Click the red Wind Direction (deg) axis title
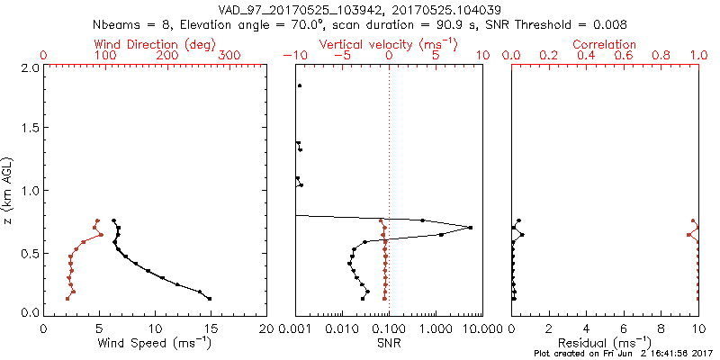pyautogui.click(x=155, y=44)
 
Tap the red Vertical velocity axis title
pyautogui.click(x=388, y=44)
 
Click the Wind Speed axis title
pyautogui.click(x=155, y=342)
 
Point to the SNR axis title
pyautogui.click(x=388, y=342)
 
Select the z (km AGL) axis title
pyautogui.click(x=9, y=189)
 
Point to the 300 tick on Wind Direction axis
pyautogui.click(x=230, y=56)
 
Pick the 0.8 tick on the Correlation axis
pyautogui.click(x=661, y=56)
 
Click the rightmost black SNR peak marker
pyautogui.click(x=470, y=228)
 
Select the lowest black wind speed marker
pyautogui.click(x=210, y=299)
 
